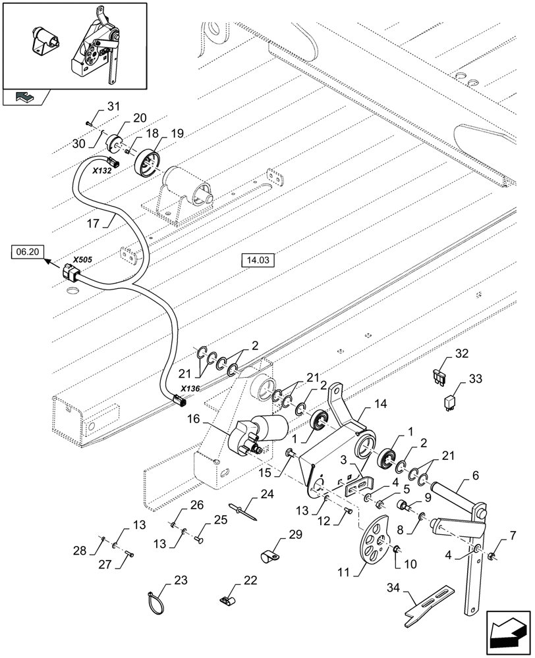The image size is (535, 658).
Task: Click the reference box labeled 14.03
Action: (257, 261)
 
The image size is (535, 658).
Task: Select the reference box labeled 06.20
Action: (26, 251)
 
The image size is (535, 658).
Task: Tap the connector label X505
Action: (82, 259)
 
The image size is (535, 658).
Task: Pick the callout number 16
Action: (192, 418)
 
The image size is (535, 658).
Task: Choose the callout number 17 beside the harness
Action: (93, 223)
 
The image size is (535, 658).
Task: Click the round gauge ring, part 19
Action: (146, 163)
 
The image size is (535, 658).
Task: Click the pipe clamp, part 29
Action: (269, 559)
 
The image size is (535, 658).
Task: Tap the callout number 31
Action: (113, 107)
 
